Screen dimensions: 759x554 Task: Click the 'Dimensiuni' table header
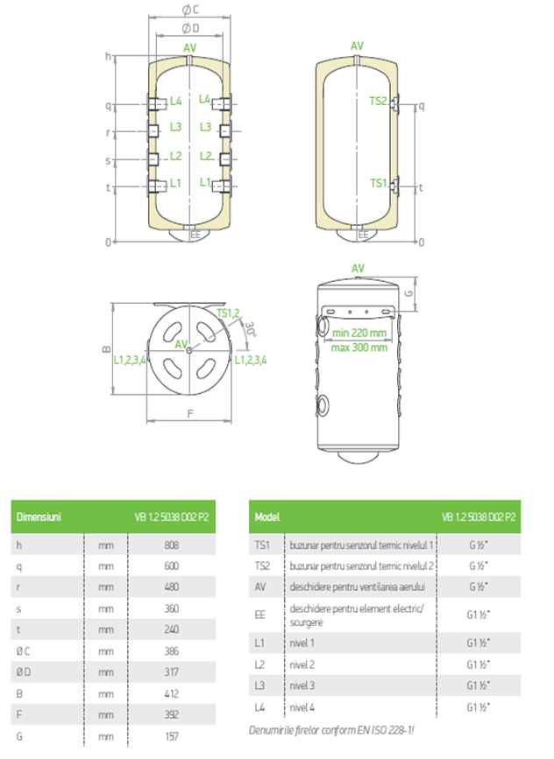point(39,517)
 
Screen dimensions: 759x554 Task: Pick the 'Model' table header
point(266,517)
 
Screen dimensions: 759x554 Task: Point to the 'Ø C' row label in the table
point(24,650)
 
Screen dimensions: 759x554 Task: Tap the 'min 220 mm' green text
point(359,333)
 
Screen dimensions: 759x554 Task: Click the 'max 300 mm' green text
point(359,348)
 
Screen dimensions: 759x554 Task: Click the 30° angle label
point(250,330)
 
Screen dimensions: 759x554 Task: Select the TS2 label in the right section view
point(378,102)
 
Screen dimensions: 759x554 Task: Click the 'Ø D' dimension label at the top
point(189,28)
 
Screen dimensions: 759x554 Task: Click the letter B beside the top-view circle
point(106,348)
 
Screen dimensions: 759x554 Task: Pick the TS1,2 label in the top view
point(228,313)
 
